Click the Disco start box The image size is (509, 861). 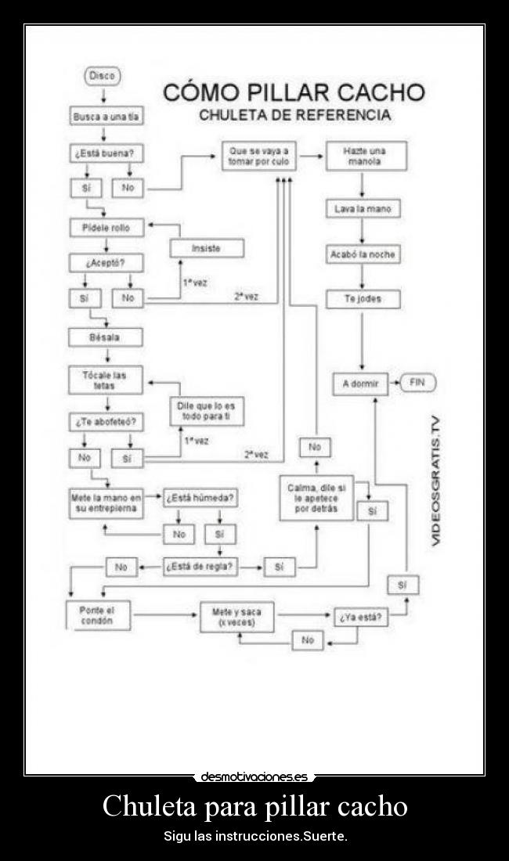tap(102, 77)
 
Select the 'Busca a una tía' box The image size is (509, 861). tap(106, 116)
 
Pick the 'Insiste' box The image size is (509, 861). tap(206, 248)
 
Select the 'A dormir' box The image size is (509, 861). tap(361, 384)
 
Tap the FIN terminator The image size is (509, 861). tap(417, 384)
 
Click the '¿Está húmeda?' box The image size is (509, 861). tap(200, 498)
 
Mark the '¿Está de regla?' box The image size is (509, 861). tap(200, 567)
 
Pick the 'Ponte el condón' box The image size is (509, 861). tap(97, 615)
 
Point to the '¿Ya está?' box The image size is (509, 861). tap(361, 617)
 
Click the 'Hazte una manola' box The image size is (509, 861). tap(365, 156)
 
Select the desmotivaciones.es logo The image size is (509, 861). tap(254, 777)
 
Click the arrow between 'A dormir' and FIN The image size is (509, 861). tap(395, 384)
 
